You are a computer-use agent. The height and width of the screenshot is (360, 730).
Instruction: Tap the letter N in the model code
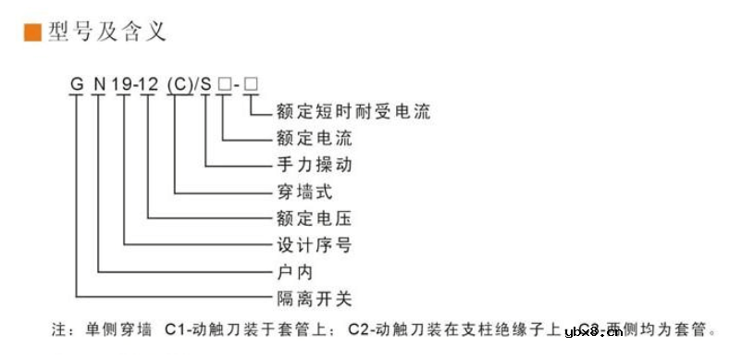click(x=99, y=86)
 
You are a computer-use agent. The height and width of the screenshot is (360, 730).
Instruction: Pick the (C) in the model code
click(x=177, y=86)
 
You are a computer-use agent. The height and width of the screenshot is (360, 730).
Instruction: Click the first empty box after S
click(x=225, y=86)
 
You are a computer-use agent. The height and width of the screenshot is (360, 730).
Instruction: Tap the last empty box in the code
click(x=250, y=86)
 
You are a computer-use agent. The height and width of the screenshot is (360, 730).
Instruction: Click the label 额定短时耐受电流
click(x=353, y=113)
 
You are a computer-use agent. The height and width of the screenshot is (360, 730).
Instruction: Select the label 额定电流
click(x=315, y=140)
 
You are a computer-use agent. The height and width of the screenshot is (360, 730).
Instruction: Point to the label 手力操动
click(x=315, y=167)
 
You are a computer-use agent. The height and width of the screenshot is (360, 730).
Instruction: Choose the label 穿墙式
click(x=304, y=193)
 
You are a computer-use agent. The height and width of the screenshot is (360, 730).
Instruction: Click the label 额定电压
click(x=315, y=220)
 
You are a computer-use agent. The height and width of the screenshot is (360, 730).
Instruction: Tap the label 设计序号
click(x=315, y=246)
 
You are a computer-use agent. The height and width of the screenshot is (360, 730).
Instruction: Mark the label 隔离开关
click(x=315, y=300)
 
